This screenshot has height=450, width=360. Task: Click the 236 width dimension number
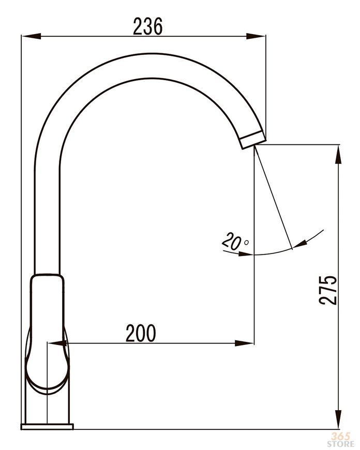(148, 26)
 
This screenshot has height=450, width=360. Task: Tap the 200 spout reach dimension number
(141, 333)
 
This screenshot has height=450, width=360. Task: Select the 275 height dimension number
(328, 290)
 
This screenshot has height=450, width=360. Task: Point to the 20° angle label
(234, 241)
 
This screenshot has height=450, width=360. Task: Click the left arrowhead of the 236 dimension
(32, 36)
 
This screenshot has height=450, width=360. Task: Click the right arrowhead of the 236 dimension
(256, 36)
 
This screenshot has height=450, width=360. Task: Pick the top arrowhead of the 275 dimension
(339, 155)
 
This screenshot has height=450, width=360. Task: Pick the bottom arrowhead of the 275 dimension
(339, 419)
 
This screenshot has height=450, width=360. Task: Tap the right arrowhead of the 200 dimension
(244, 343)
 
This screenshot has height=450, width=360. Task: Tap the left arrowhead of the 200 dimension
(57, 343)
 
